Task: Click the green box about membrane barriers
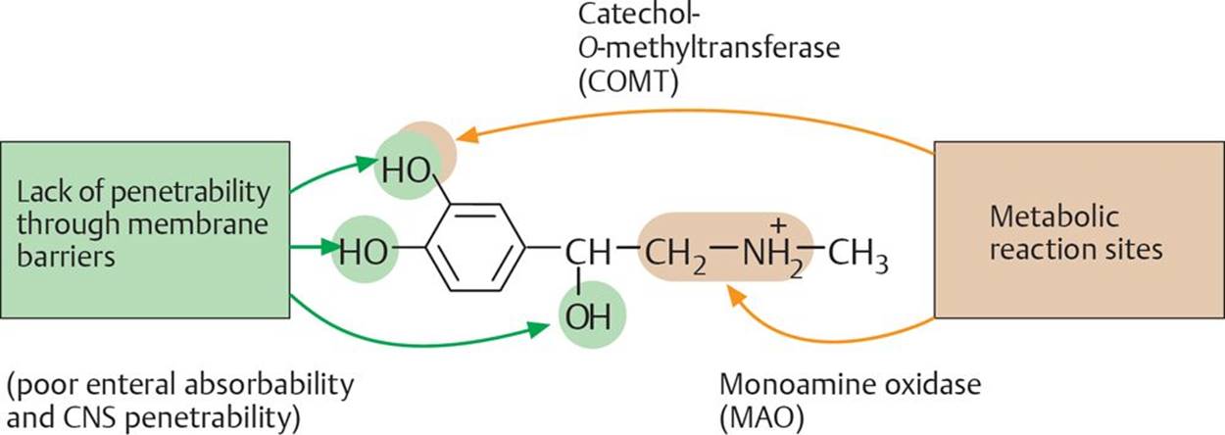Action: coord(145,229)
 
